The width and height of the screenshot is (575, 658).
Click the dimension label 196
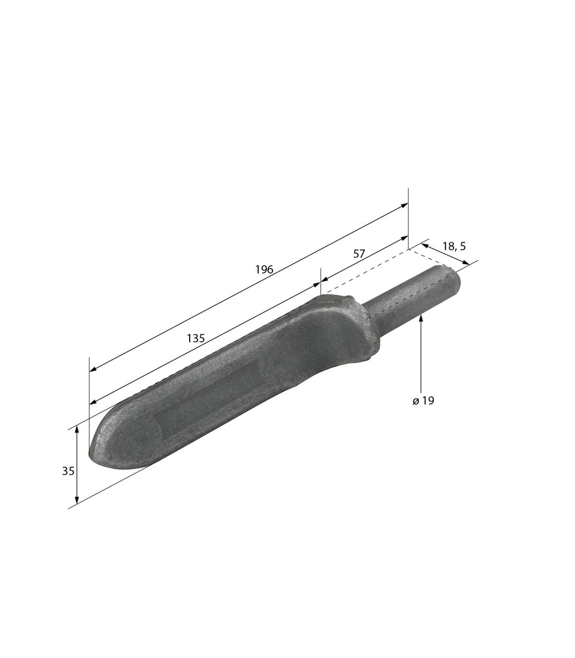(x=264, y=270)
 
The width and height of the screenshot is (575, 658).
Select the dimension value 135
(x=195, y=338)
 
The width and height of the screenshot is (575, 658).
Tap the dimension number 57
(x=359, y=254)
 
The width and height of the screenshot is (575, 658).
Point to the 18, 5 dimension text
(x=454, y=246)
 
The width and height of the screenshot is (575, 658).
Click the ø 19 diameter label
(x=424, y=401)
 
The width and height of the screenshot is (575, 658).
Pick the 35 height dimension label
(x=68, y=471)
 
